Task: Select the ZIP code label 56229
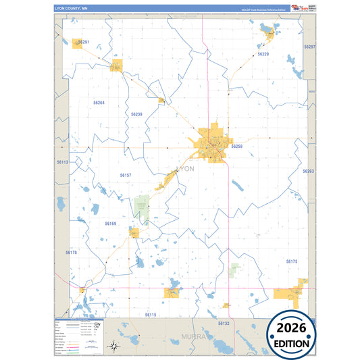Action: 263,53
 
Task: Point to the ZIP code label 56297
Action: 309,47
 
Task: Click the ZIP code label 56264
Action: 99,102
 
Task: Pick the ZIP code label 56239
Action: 136,114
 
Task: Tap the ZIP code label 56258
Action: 236,146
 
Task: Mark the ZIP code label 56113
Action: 62,162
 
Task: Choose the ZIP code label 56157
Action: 126,175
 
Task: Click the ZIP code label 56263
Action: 309,171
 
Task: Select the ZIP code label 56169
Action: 111,223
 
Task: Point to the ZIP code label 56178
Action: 72,252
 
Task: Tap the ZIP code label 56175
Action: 291,261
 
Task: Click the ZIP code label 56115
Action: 150,315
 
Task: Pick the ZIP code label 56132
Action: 224,324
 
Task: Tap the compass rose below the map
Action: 115,346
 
